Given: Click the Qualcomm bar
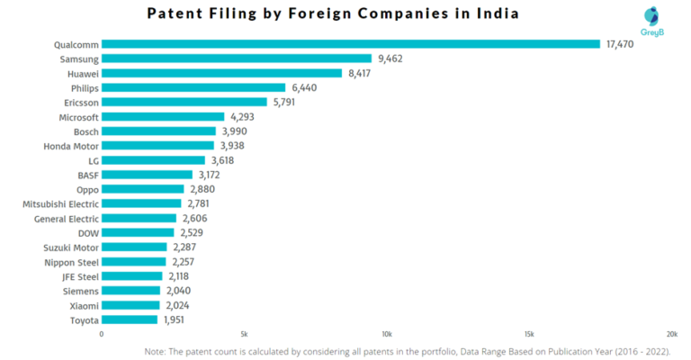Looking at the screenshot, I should pyautogui.click(x=350, y=43).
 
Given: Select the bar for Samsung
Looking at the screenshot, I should pyautogui.click(x=236, y=58).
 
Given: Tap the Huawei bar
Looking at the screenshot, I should pyautogui.click(x=221, y=73).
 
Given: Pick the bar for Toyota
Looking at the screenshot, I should pyautogui.click(x=129, y=319).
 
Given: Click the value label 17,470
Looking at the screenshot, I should pyautogui.click(x=620, y=43).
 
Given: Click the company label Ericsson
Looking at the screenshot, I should pyautogui.click(x=78, y=102).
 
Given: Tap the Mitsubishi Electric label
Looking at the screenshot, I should pyautogui.click(x=60, y=204).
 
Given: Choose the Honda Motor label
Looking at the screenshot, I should pyautogui.click(x=71, y=146).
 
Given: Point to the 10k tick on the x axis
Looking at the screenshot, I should pyautogui.click(x=387, y=334).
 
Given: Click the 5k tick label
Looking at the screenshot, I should pyautogui.click(x=243, y=334).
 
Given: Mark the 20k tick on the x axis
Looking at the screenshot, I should pyautogui.click(x=671, y=334).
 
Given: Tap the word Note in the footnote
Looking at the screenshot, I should pyautogui.click(x=157, y=352).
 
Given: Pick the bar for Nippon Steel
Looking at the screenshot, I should pyautogui.click(x=133, y=262).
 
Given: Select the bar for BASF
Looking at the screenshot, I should pyautogui.click(x=147, y=175).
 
